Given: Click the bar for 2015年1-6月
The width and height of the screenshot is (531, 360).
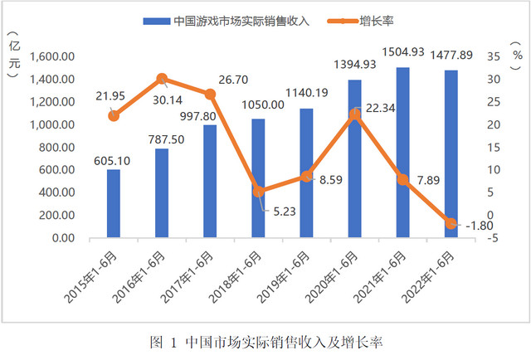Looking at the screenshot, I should (114, 203).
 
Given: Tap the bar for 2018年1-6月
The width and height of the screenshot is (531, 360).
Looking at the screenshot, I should (258, 178).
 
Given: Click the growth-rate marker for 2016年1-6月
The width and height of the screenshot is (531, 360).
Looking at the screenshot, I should (162, 79).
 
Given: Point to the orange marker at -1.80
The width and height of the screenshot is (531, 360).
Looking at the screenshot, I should (451, 223).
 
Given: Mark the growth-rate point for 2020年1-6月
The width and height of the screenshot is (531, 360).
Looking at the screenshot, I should (354, 114).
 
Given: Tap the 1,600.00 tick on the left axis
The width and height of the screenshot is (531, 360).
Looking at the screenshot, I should (53, 57).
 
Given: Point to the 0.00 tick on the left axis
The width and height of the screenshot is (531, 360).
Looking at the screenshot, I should (63, 238).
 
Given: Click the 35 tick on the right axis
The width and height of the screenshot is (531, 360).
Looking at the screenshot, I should (492, 57).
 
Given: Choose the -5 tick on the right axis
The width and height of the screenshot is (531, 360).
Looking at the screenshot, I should (492, 238).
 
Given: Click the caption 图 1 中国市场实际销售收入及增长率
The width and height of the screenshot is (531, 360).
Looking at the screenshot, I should (265, 342).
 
